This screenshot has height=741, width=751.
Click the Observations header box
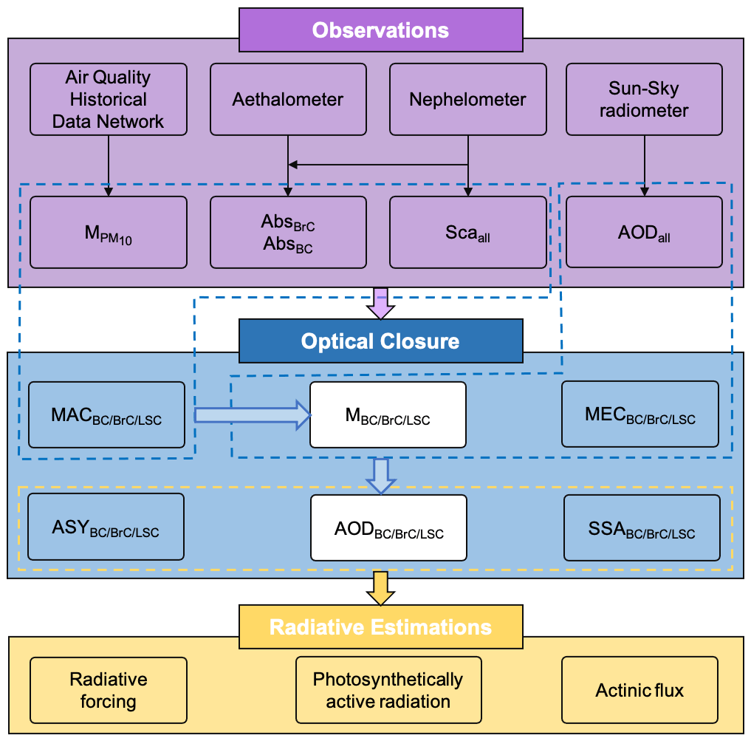(380, 30)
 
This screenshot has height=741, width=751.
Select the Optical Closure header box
(380, 341)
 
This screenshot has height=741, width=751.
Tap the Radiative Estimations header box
(380, 627)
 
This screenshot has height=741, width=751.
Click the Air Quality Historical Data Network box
(108, 99)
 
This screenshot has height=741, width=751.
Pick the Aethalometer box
(288, 99)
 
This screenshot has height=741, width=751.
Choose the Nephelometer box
(468, 99)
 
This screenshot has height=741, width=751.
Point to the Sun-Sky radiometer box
(644, 99)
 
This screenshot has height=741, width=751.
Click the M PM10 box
(108, 232)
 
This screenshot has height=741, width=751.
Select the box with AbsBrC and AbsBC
(288, 232)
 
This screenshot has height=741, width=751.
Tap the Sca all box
(468, 232)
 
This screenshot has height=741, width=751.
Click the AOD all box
(644, 232)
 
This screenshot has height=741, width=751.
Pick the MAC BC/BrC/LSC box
(106, 415)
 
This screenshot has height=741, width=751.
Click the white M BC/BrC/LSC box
(388, 415)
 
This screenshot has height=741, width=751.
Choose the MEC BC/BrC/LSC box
(640, 414)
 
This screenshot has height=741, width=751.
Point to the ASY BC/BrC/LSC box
(106, 527)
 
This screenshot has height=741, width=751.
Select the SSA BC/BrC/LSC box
(642, 527)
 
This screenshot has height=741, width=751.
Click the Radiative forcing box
(108, 690)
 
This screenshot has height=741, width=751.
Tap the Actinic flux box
(639, 690)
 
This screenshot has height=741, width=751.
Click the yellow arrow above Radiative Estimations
(381, 587)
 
